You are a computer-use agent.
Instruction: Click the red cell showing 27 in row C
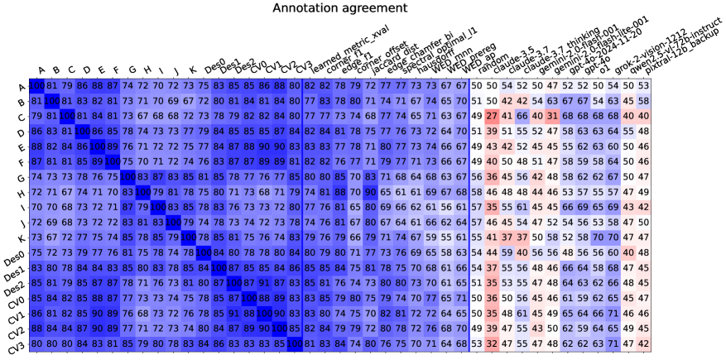492,117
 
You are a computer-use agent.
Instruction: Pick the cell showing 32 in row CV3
492,343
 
